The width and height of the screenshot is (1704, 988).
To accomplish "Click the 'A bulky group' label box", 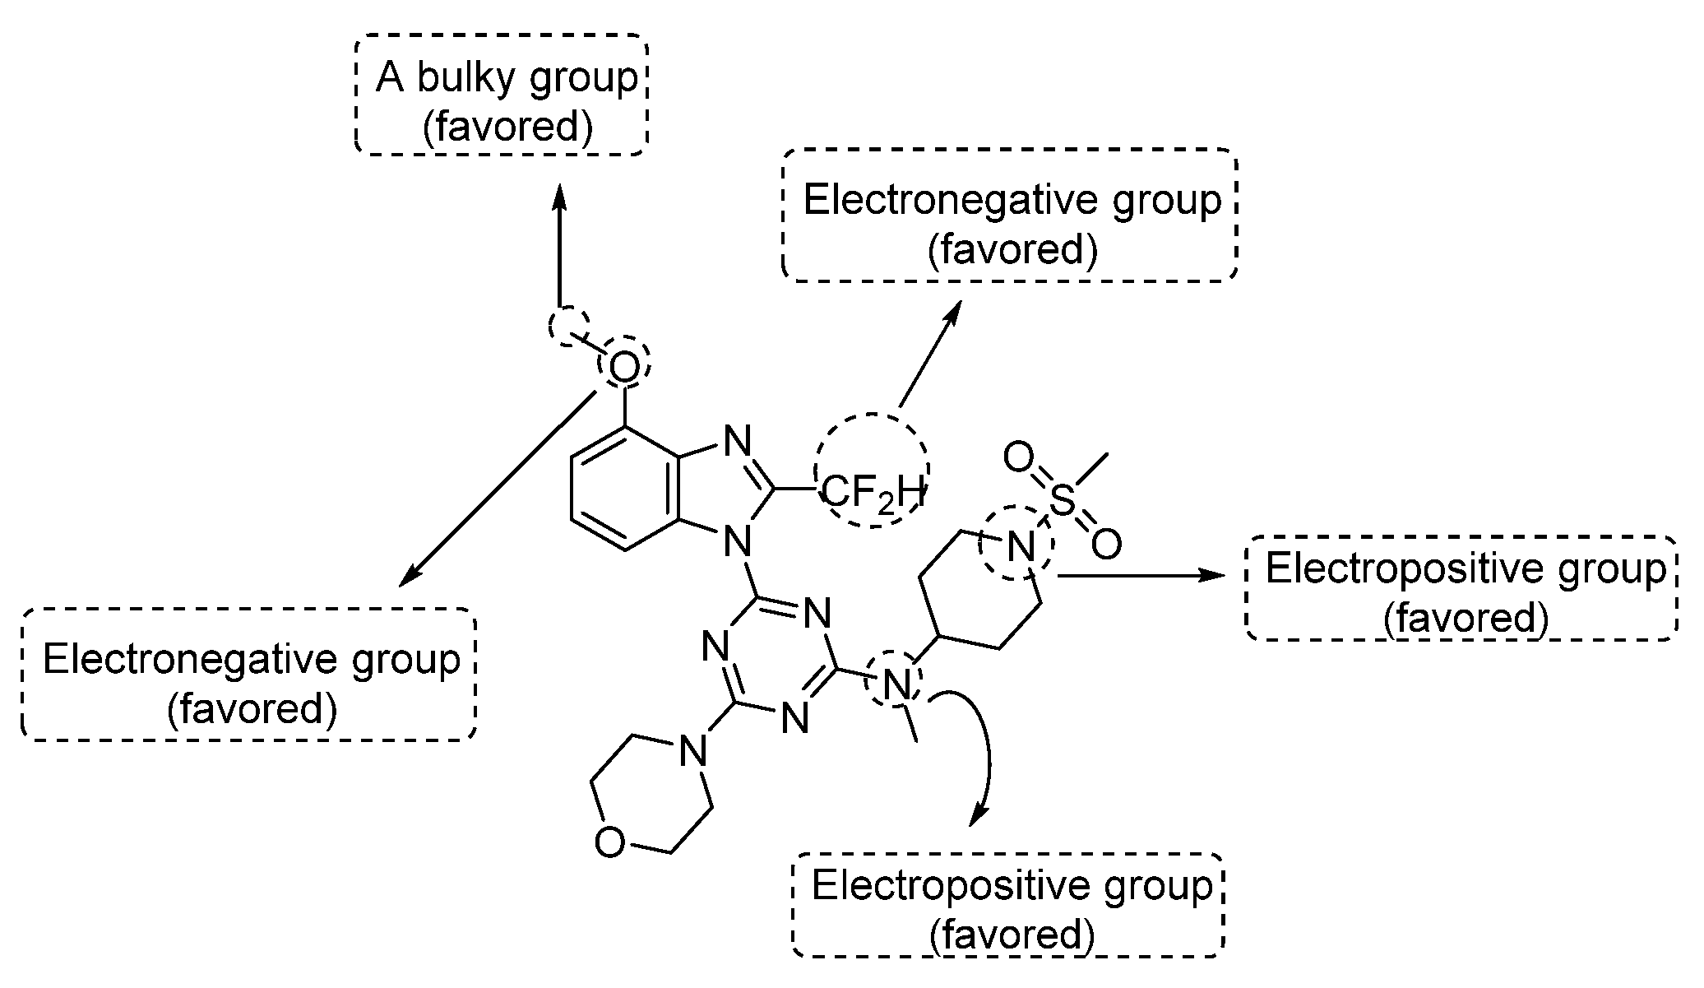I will [502, 94].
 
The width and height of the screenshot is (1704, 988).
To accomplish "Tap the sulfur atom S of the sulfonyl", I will [1063, 500].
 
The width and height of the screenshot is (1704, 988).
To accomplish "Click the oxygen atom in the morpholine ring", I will [609, 842].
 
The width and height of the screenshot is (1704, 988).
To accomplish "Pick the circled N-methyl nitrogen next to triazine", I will [898, 682].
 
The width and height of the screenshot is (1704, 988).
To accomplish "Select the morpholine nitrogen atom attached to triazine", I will [695, 748].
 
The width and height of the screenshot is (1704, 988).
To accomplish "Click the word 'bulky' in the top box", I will [457, 78].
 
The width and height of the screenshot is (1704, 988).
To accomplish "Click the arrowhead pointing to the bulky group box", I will [559, 196].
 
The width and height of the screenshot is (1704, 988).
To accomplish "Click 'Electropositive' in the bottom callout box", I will [944, 887].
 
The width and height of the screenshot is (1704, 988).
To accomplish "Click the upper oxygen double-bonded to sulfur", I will [1017, 457].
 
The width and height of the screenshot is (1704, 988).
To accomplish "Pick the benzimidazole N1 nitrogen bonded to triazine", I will [738, 542].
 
